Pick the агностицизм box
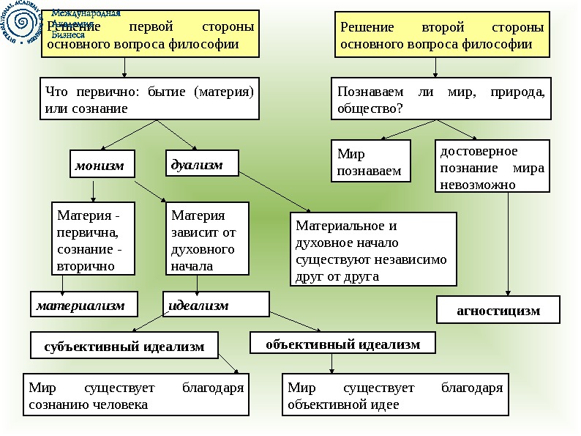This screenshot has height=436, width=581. pos(498,310)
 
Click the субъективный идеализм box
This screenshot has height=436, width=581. pos(124,347)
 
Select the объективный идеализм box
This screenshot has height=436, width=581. pos(342,343)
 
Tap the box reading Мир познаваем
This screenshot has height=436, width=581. pos(370,161)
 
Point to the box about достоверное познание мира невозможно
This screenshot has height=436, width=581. pos(492,167)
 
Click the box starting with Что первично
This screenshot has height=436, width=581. pos(149,100)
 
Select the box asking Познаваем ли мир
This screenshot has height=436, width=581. pos(441,100)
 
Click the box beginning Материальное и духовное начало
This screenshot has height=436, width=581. pos(373,248)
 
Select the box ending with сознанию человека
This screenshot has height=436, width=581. pos(135,395)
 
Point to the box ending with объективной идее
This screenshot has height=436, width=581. pos(395,395)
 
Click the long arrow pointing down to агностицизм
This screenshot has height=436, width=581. pos(508,242)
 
